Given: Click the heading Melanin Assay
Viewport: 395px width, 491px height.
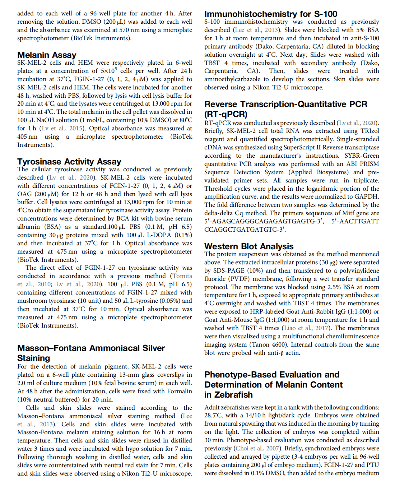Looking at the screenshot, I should pos(47,55).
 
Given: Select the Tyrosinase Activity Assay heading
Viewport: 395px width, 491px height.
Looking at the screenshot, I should pos(69,162).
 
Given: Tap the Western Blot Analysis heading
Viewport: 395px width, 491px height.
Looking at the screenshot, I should pos(249,246).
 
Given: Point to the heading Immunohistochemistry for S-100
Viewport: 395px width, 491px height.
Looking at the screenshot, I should pos(271,14).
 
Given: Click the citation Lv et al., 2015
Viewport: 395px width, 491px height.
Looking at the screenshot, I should pos(62,128).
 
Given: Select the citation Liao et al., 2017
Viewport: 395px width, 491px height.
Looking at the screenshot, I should pos(306,328).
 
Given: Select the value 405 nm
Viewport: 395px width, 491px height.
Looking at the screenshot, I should pos(27,136).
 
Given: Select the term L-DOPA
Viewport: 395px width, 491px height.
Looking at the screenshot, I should pos(161,235).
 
